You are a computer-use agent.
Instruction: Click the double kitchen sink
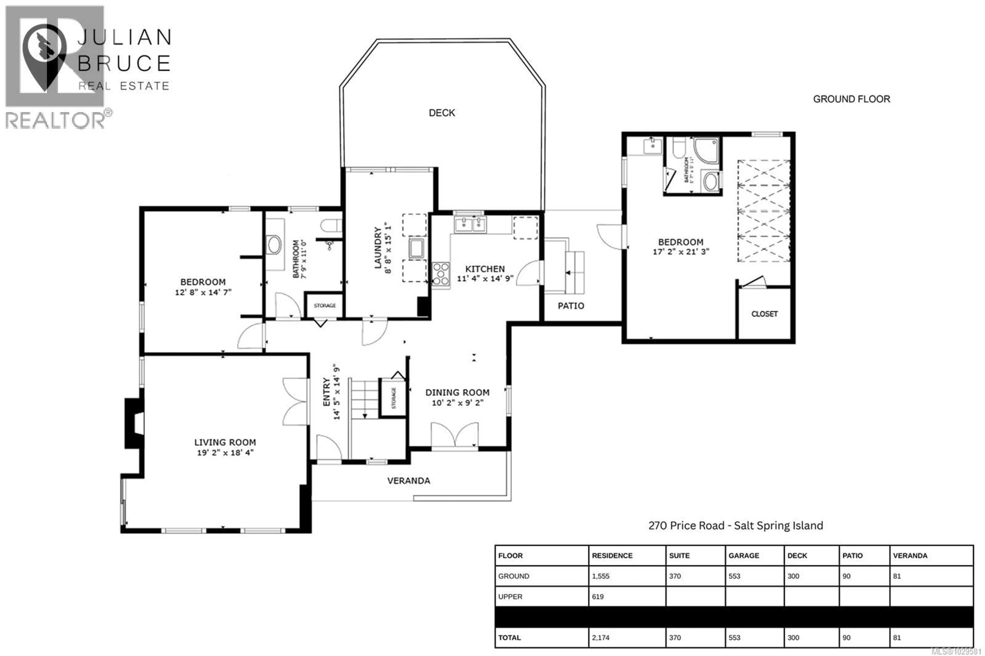click(x=470, y=225)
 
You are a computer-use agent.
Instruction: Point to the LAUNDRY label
click(x=378, y=248)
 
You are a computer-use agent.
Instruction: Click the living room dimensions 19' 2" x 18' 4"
click(x=225, y=452)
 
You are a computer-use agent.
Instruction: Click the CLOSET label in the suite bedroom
click(x=764, y=314)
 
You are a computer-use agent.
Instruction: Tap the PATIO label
click(x=571, y=306)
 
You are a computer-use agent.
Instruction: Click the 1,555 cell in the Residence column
click(x=600, y=576)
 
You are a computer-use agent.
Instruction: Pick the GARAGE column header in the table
click(x=744, y=555)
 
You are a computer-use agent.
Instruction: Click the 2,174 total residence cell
click(x=600, y=638)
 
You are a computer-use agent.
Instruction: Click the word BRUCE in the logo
click(x=124, y=64)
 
